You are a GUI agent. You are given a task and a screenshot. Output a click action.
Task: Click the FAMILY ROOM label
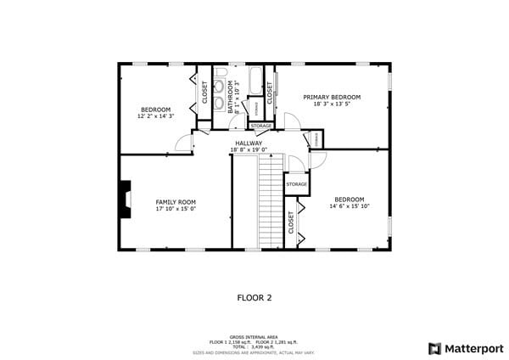click(176, 202)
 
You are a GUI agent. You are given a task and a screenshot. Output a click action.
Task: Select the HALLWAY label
click(249, 143)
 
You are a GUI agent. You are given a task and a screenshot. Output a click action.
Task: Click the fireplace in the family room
click(126, 200)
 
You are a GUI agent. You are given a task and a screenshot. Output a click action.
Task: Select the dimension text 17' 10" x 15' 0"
click(176, 209)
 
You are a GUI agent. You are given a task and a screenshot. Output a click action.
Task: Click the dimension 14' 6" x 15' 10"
click(350, 206)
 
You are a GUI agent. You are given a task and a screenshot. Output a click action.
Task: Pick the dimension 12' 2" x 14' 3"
click(155, 116)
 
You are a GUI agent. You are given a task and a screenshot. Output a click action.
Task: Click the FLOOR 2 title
click(254, 298)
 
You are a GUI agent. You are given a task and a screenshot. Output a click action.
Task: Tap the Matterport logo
click(466, 348)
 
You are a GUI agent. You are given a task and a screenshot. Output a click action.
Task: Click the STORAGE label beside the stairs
click(296, 184)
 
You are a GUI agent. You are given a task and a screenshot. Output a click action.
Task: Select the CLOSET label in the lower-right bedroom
click(291, 223)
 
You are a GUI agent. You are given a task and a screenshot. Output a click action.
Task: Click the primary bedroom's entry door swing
click(291, 121)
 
